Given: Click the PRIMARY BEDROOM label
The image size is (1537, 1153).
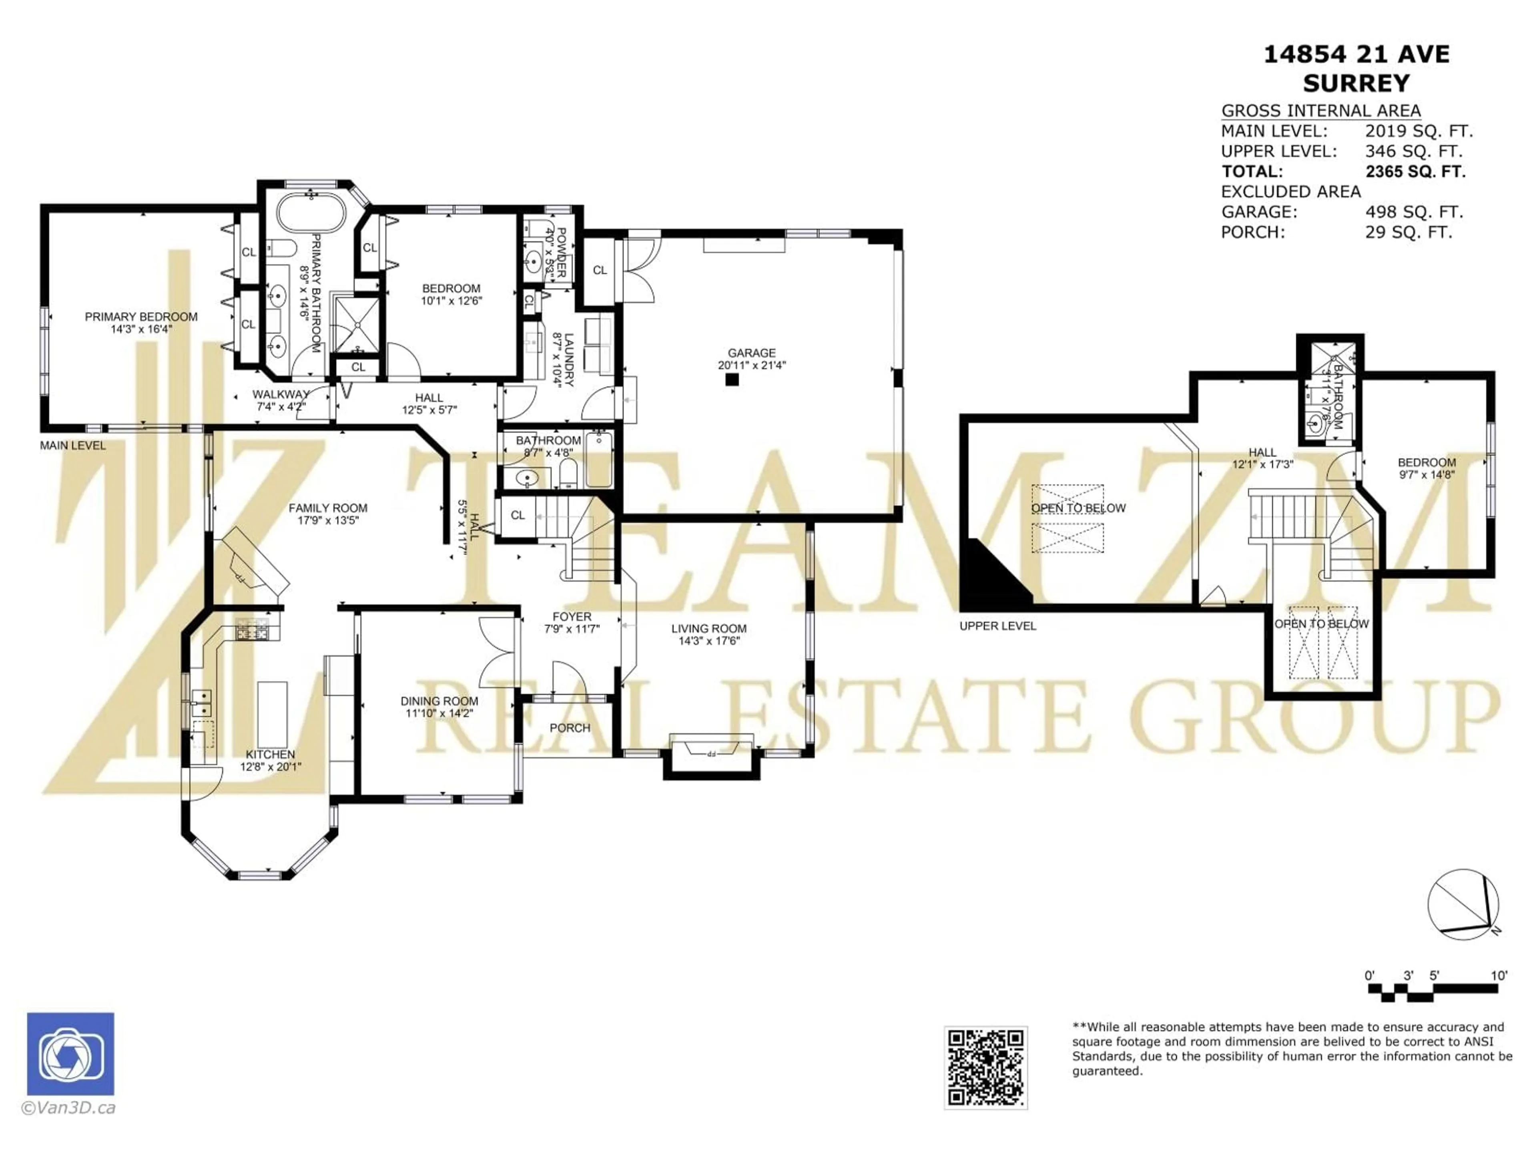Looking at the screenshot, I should tap(141, 317).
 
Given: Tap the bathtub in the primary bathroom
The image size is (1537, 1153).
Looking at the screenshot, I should tap(311, 214).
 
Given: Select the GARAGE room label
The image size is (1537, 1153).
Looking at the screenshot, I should tap(751, 353).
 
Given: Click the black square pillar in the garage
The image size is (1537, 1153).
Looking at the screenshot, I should tap(731, 380).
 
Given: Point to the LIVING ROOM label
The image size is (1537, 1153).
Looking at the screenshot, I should tap(709, 629).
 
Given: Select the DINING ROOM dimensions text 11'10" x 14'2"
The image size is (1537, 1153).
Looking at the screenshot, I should tap(439, 713).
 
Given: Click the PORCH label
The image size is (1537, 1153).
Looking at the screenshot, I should tap(570, 728).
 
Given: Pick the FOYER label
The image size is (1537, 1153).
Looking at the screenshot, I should tap(572, 617).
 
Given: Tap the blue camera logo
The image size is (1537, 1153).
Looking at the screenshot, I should tap(70, 1054).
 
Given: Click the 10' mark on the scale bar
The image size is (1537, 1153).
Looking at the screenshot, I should tap(1499, 976).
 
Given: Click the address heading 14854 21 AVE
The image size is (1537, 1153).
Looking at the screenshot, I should tap(1356, 55).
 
